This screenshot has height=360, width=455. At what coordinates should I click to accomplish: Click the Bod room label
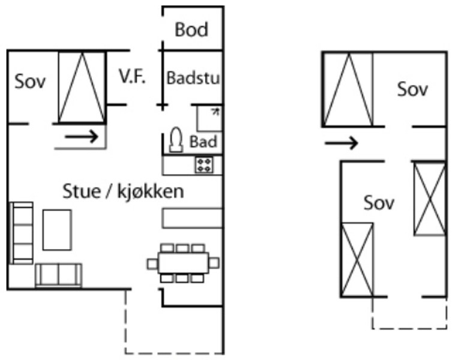tap(191, 29)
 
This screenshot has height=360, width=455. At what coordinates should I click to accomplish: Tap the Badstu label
tap(193, 78)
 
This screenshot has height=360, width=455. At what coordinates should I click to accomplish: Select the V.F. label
tap(132, 77)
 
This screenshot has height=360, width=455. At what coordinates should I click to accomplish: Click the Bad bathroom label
tap(203, 142)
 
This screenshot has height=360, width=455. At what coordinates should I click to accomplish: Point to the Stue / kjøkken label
tap(123, 191)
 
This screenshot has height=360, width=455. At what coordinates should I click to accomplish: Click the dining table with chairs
tap(183, 263)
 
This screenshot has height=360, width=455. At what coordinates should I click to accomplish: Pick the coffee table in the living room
tap(57, 229)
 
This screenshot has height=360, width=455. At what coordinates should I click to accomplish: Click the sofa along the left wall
tap(22, 233)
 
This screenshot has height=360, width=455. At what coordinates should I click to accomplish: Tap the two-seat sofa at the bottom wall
tap(58, 275)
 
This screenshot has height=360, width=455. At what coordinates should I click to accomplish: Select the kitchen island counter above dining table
tap(192, 218)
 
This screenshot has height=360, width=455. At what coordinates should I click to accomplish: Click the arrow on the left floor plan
tap(82, 137)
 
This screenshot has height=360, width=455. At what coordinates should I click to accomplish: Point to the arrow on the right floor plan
tap(341, 143)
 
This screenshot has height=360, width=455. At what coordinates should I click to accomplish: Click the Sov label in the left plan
tap(30, 82)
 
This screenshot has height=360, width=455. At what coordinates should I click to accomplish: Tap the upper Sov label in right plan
tap(413, 89)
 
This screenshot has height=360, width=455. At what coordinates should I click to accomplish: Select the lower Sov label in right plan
tap(379, 203)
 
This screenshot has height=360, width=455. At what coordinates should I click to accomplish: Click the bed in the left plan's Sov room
tap(82, 88)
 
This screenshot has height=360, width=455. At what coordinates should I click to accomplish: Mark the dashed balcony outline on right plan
tap(409, 328)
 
